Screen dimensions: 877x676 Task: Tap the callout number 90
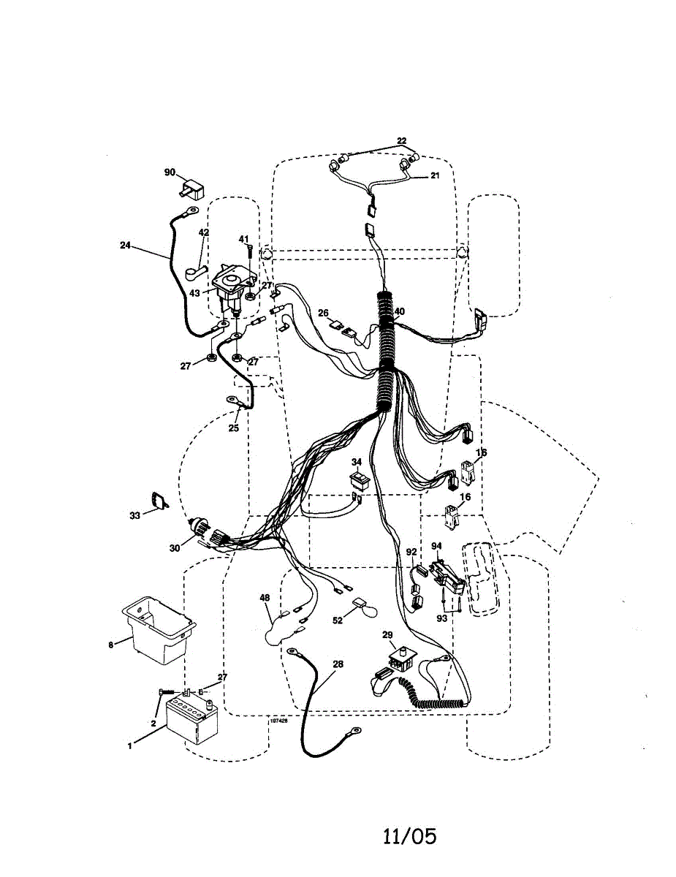click(170, 172)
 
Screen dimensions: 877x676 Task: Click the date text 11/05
click(410, 835)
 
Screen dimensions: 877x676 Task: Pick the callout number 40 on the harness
click(399, 311)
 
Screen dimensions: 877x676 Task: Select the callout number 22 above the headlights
click(401, 141)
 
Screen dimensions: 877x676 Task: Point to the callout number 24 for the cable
click(125, 246)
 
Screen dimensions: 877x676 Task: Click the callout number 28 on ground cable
click(337, 664)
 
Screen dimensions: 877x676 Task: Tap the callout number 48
click(265, 597)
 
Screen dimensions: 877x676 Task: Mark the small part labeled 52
click(360, 604)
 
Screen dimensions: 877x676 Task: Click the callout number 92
click(411, 553)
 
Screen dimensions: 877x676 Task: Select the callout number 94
click(436, 545)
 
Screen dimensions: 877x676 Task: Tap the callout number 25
click(233, 428)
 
